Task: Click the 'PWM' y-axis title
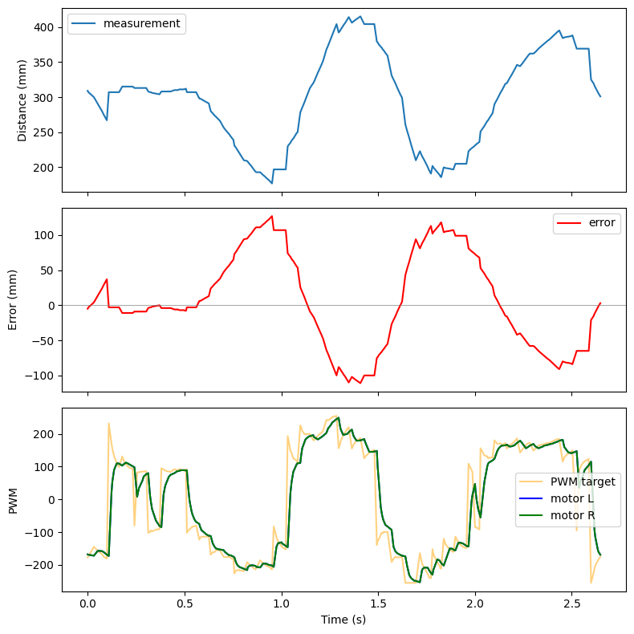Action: point(12,499)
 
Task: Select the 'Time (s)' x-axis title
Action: point(343,620)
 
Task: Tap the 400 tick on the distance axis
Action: point(45,27)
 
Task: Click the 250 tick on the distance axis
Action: point(45,132)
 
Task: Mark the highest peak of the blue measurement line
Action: point(360,17)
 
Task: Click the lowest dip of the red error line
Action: point(360,383)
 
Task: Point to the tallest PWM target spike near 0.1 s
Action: point(108,423)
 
